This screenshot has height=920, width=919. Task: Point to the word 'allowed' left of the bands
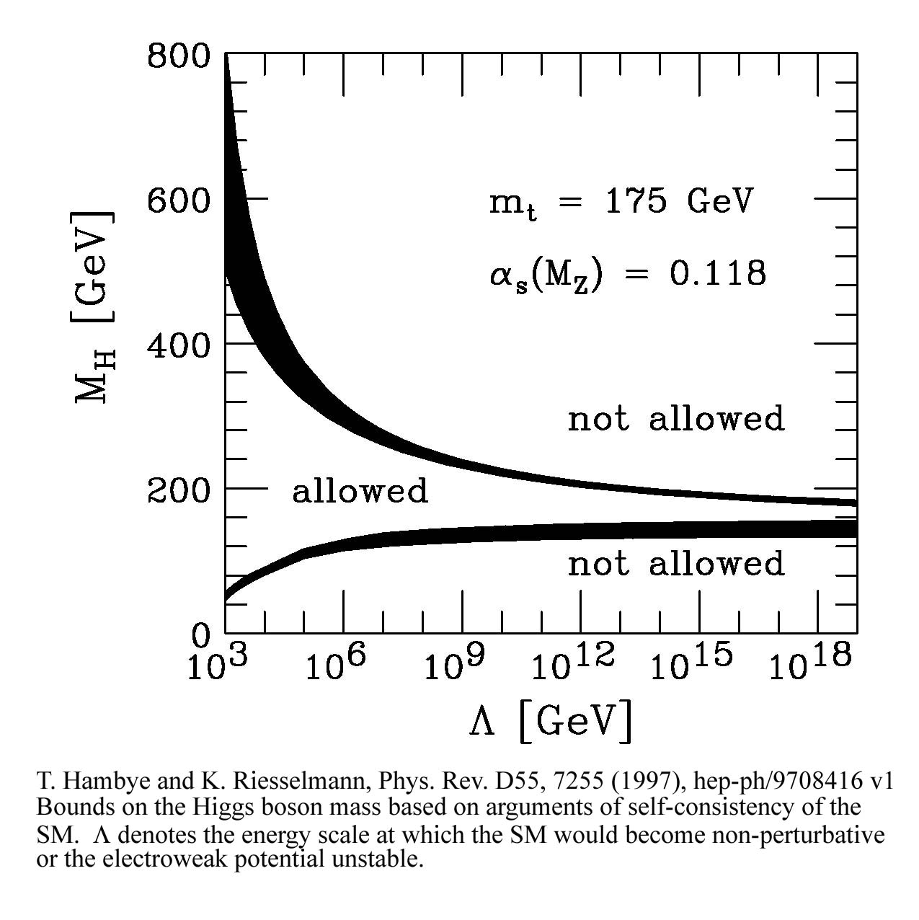[x=360, y=491]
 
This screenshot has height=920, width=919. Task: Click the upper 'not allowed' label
[x=675, y=418]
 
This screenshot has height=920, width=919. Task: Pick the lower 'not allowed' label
[x=675, y=564]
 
